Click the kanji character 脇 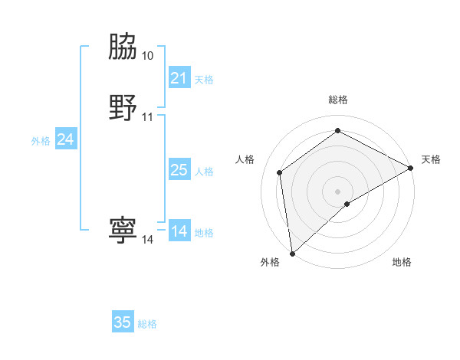point(123,47)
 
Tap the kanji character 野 point(123,108)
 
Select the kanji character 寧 point(123,231)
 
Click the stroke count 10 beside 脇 point(147,56)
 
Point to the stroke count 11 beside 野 point(147,117)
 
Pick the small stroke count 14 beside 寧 point(147,240)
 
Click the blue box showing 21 point(179,78)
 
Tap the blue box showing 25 point(179,170)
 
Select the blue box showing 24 point(66,139)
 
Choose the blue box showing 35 point(123,322)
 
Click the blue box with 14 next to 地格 point(179,231)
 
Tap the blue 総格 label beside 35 point(147,324)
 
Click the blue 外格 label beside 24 point(41,141)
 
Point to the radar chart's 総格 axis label point(338,100)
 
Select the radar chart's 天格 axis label point(431,159)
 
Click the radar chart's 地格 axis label point(402,263)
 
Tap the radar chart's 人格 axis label point(245,159)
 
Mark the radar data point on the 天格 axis point(411,168)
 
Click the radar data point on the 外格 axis point(292,253)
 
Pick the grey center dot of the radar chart point(338,191)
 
